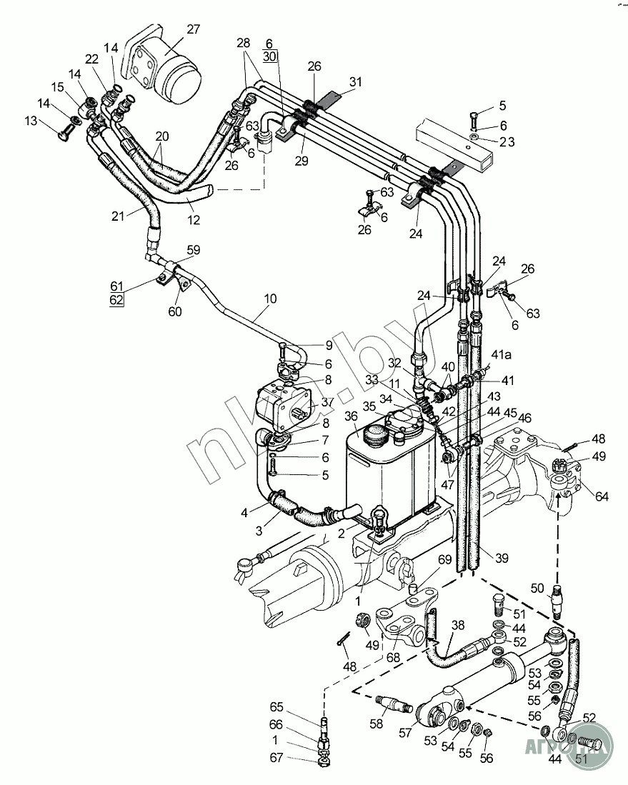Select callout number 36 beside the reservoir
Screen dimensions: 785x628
(351, 416)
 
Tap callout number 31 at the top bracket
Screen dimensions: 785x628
(355, 82)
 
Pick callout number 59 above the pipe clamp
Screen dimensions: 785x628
(194, 250)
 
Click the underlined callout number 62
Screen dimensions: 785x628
(116, 300)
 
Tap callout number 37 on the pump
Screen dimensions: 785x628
(327, 402)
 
